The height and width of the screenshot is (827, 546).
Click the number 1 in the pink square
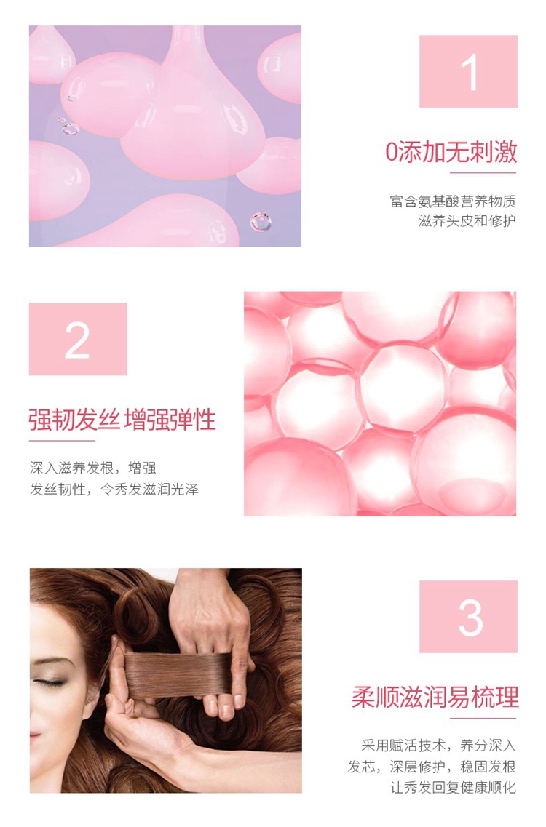[470, 72]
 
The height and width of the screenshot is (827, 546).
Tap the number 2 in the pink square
[77, 340]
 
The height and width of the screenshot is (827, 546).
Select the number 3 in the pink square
[470, 618]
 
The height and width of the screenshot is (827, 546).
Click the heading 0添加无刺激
[451, 152]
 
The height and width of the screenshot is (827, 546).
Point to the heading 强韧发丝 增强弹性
[122, 420]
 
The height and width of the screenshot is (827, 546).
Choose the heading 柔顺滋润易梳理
[435, 698]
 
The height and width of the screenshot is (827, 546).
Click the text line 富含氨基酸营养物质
[453, 201]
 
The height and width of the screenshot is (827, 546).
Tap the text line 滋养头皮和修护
[467, 220]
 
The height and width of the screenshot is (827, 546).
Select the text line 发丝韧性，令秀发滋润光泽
[114, 490]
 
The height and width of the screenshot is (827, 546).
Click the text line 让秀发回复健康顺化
[453, 788]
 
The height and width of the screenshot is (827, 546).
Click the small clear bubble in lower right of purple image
[261, 222]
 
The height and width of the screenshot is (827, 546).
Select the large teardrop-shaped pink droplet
[193, 105]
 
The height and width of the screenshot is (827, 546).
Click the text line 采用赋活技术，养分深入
[439, 746]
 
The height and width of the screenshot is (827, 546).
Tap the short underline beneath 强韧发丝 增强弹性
[62, 440]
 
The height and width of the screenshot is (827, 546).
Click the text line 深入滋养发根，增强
[93, 468]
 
